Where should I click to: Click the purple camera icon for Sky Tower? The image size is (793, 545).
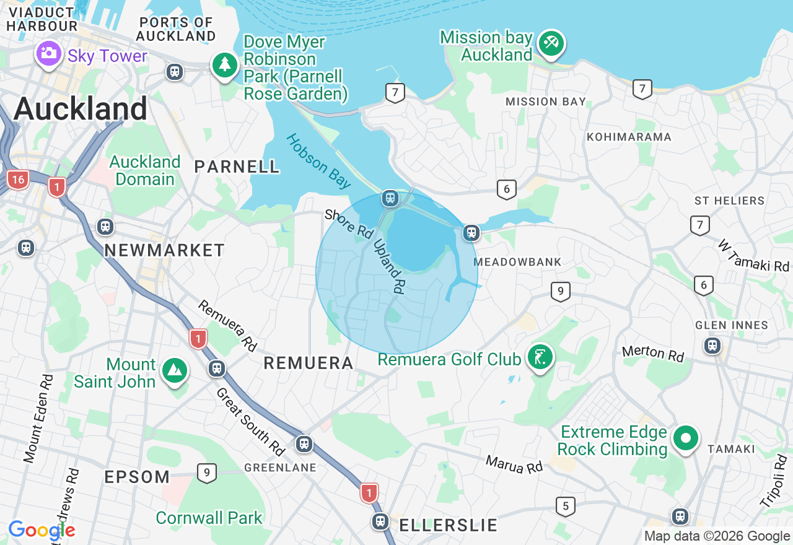tap(48, 54)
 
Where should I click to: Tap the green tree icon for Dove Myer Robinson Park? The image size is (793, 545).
tap(224, 64)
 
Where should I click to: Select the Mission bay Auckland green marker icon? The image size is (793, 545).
tap(551, 43)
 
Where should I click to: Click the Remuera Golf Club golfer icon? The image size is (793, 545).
tap(540, 357)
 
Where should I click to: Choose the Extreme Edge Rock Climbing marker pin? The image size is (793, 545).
tap(685, 439)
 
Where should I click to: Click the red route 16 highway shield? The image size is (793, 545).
tap(18, 180)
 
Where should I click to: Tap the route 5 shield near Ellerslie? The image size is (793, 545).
tap(565, 507)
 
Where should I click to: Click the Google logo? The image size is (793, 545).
tap(42, 531)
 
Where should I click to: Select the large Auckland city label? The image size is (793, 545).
tap(81, 109)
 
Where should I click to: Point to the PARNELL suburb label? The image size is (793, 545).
tap(237, 167)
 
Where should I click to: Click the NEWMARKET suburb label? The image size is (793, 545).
tap(164, 250)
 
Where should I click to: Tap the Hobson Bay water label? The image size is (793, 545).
tap(318, 161)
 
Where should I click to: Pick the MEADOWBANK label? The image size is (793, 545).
tap(517, 262)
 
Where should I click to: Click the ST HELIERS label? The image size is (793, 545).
tap(729, 201)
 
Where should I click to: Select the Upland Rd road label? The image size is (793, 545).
tap(389, 266)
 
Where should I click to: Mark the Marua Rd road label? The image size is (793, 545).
tap(514, 464)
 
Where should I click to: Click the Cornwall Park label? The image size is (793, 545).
tap(209, 518)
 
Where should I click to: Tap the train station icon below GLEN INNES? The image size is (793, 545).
tap(712, 345)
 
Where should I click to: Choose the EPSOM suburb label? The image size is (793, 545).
tap(137, 477)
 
